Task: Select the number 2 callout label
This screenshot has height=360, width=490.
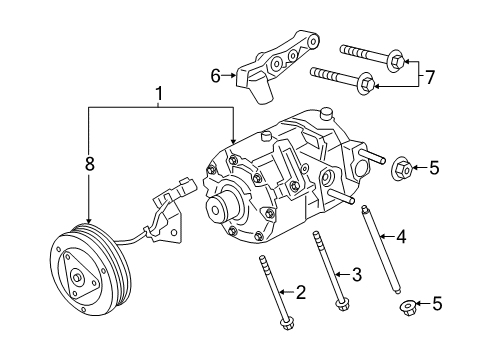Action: [299, 292]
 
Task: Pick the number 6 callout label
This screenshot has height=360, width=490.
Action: [214, 74]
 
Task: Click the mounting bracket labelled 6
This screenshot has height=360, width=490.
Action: [275, 65]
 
